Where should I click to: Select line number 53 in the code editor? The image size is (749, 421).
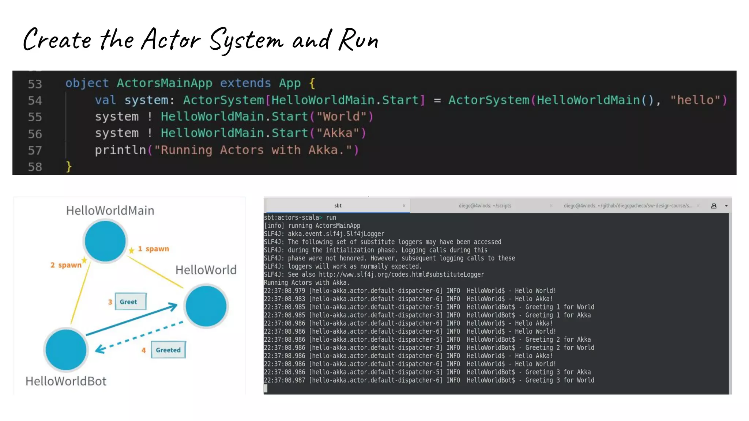coord(35,84)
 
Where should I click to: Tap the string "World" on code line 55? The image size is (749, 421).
coord(342,117)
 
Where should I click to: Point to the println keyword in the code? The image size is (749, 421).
coord(120,150)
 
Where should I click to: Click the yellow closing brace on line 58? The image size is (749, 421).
coord(68,167)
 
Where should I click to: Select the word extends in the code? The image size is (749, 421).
coord(245,83)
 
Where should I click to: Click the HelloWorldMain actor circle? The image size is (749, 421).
coord(105,241)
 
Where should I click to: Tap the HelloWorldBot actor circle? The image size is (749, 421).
coord(66,349)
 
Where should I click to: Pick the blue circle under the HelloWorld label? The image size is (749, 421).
coord(206,306)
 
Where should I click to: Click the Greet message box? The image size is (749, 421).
coord(131,302)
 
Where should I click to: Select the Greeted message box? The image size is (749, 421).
coord(168,350)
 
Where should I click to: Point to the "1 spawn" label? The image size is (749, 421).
coord(153,249)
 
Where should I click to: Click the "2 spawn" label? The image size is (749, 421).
coord(66,265)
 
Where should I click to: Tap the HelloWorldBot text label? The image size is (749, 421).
coord(66,381)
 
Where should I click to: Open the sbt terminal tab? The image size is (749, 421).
coord(338,206)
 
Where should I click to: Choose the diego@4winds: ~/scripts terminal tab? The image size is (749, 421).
coord(485,206)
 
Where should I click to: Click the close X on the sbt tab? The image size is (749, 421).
coord(404,206)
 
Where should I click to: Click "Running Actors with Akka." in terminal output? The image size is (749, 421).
coord(306,282)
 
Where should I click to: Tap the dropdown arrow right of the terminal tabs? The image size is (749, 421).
coord(726,206)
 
